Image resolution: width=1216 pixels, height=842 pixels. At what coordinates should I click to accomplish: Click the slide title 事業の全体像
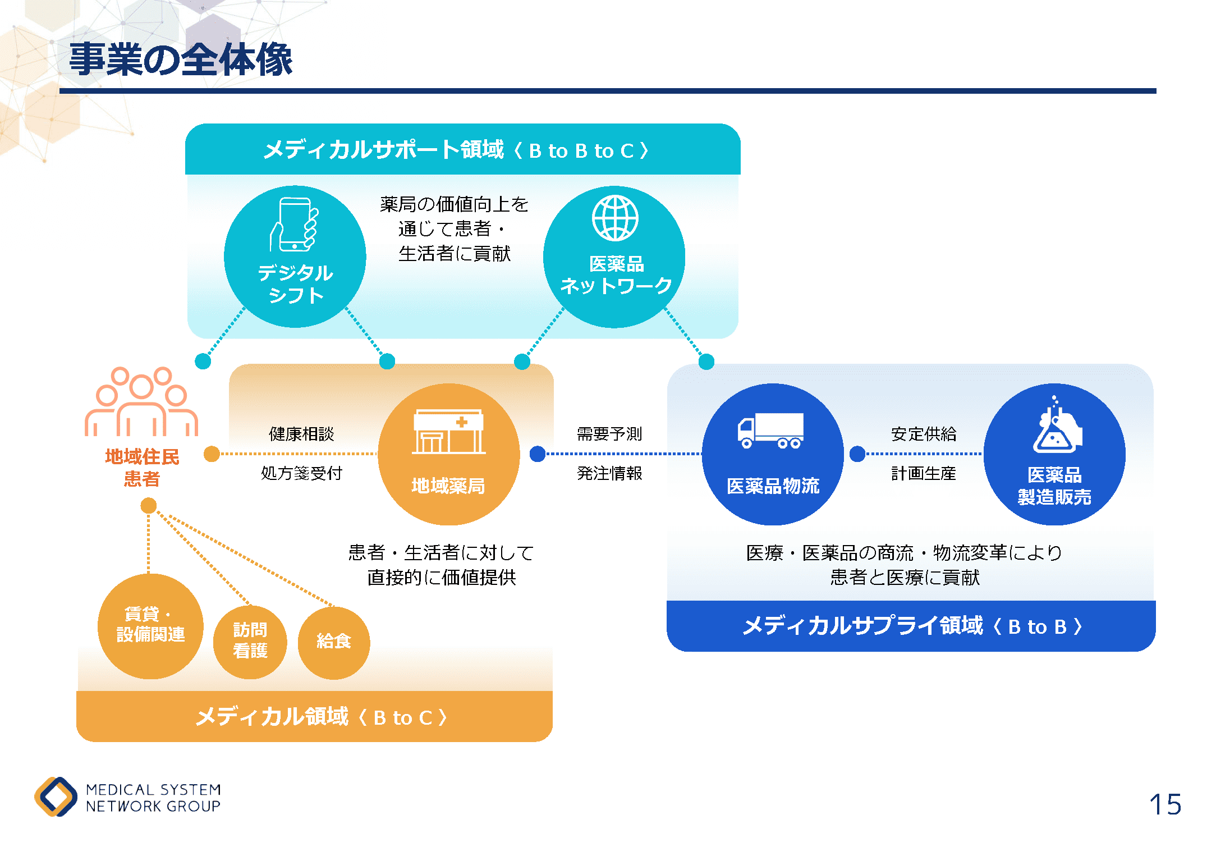coord(180,60)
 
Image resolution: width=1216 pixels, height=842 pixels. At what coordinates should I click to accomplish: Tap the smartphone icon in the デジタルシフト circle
coord(295,225)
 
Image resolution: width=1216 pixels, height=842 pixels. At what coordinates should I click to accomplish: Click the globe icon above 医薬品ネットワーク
coord(615,218)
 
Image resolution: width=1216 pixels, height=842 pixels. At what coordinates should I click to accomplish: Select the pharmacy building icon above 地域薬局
coord(448,431)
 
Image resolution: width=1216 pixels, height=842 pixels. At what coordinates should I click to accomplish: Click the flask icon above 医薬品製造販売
coord(1056,427)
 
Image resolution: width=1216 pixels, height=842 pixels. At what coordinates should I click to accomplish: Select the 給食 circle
coord(334,642)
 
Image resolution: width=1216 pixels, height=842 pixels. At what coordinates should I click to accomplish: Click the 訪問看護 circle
coord(250,640)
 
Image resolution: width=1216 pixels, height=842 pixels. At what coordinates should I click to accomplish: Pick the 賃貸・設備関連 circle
coord(150,625)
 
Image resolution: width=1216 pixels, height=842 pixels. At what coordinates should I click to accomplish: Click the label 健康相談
coord(301,434)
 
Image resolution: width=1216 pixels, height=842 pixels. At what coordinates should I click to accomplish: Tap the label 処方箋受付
coord(301,473)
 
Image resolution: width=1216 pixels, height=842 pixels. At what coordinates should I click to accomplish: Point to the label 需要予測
coord(609,434)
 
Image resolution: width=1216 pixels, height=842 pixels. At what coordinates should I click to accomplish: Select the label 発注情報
coord(609,473)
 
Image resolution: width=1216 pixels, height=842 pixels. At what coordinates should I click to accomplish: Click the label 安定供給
coord(924,434)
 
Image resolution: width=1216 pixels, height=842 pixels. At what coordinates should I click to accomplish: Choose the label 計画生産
coord(924,473)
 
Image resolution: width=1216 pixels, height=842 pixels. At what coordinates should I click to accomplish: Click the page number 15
coord(1165,804)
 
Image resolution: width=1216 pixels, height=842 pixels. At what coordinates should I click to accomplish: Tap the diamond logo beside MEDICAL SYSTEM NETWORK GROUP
coord(56,797)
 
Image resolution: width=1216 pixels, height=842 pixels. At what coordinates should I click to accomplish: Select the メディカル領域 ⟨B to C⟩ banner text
coord(322,717)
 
